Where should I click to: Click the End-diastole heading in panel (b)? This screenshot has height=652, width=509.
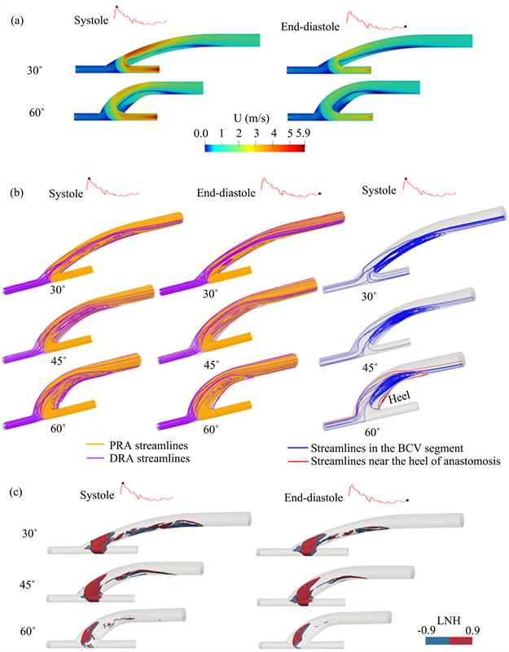click(226, 193)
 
